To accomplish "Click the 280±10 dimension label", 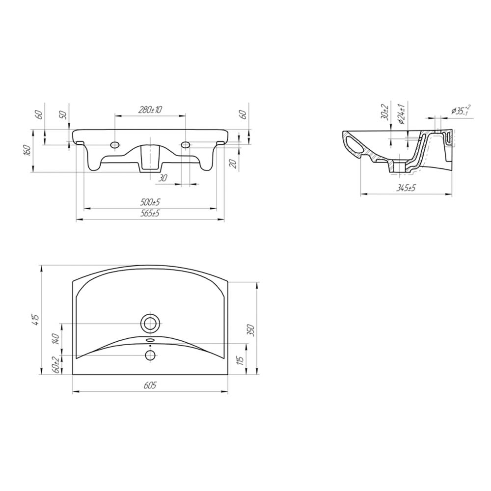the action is coord(150,109).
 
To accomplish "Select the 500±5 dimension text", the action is coord(150,202).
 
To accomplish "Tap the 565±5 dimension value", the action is coord(150,214).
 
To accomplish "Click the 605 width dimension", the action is coord(150,385).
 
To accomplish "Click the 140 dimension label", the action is coord(56,339).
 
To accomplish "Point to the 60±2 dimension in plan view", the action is coord(56,364).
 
